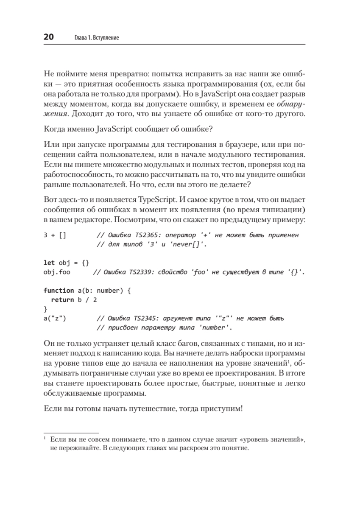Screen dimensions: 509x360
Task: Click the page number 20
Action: pos(48,37)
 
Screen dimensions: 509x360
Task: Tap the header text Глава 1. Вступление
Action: pos(93,38)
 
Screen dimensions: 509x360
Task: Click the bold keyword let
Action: pos(49,263)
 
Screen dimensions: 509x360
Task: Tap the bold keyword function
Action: pos(59,291)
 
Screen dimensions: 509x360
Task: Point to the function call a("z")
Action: pos(55,318)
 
